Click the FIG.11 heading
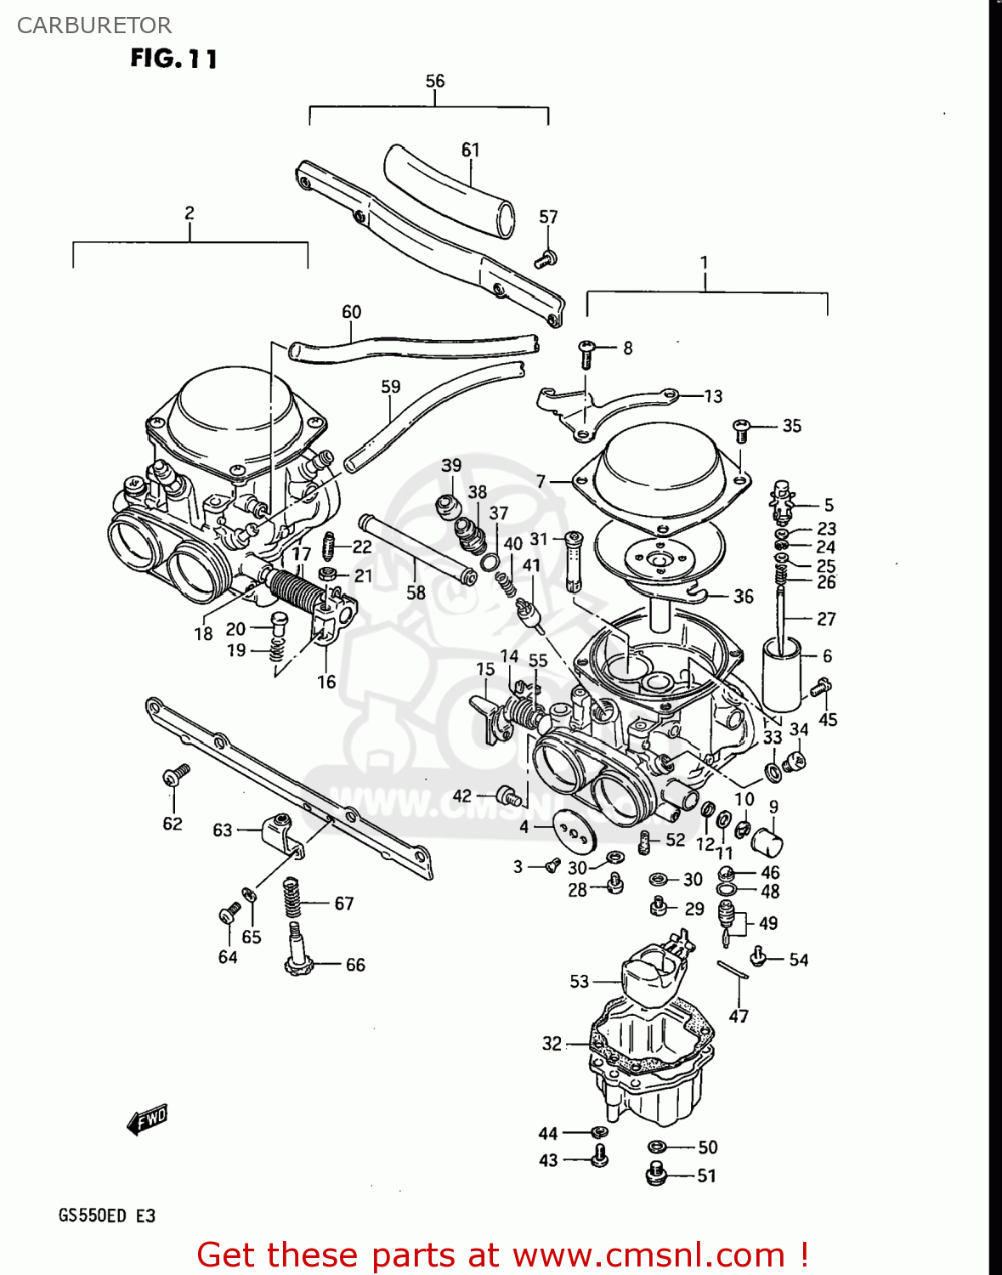(174, 59)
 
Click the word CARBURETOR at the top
(94, 25)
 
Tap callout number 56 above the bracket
(434, 81)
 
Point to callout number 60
(351, 312)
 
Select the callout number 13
(713, 396)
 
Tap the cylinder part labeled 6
(781, 675)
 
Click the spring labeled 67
(292, 898)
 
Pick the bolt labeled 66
(298, 952)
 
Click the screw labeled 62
(177, 774)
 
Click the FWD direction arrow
(148, 1119)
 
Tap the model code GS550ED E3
(107, 1215)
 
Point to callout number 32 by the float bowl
(552, 1043)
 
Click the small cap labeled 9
(767, 841)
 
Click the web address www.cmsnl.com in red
(648, 1255)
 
